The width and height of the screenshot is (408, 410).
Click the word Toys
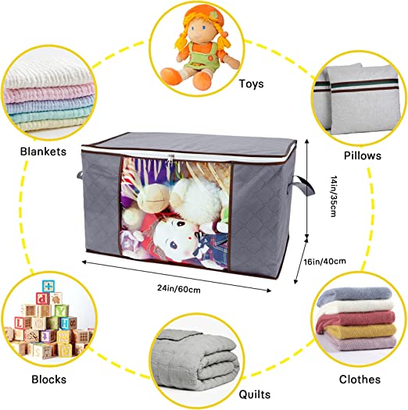click(x=251, y=84)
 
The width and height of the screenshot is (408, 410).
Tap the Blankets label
click(x=44, y=152)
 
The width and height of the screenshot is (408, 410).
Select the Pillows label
click(x=362, y=155)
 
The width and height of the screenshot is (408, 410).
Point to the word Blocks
click(x=49, y=380)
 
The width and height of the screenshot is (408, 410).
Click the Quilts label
click(x=254, y=394)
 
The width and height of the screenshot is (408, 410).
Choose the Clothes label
click(x=360, y=380)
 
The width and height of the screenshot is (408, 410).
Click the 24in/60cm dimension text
click(x=179, y=289)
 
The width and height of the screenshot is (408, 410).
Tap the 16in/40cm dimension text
click(x=325, y=261)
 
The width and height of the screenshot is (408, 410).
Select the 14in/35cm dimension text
click(x=333, y=196)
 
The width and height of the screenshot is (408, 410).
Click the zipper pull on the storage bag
click(x=170, y=159)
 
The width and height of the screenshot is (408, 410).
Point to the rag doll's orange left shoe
click(x=171, y=75)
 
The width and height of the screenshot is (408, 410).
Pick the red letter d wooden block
click(x=43, y=298)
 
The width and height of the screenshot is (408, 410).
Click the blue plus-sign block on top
click(x=48, y=287)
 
